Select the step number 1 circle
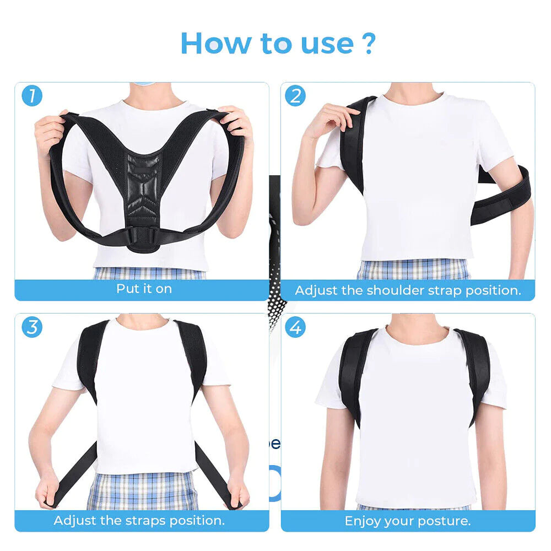click(x=32, y=96)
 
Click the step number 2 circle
click(x=295, y=96)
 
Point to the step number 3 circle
click(x=32, y=327)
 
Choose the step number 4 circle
click(x=295, y=327)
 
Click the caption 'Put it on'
click(x=144, y=289)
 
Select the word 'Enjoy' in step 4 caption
click(x=364, y=521)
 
